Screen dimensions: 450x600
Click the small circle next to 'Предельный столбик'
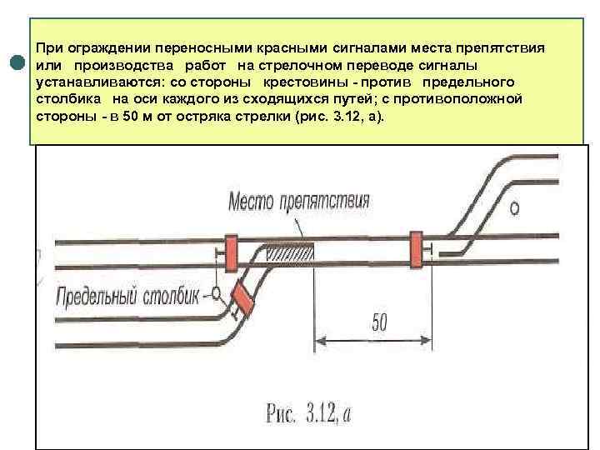pos(216,292)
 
